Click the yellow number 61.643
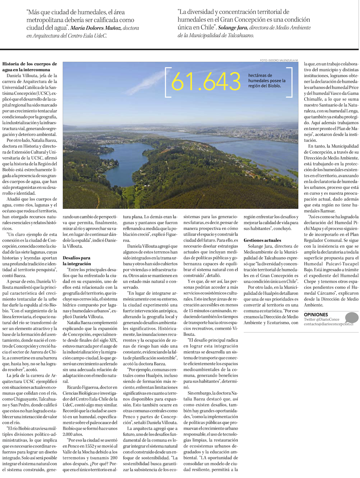point(206,82)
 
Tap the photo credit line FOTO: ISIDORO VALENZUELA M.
point(279,60)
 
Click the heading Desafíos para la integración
point(77,261)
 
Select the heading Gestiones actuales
point(262,240)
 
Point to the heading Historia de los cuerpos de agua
point(30,67)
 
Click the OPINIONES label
point(316,314)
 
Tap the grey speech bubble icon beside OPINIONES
point(351,318)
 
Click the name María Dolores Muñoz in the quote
point(95,28)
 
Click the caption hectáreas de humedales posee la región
point(266,81)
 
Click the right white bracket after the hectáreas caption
point(290,82)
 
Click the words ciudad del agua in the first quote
point(47,28)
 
